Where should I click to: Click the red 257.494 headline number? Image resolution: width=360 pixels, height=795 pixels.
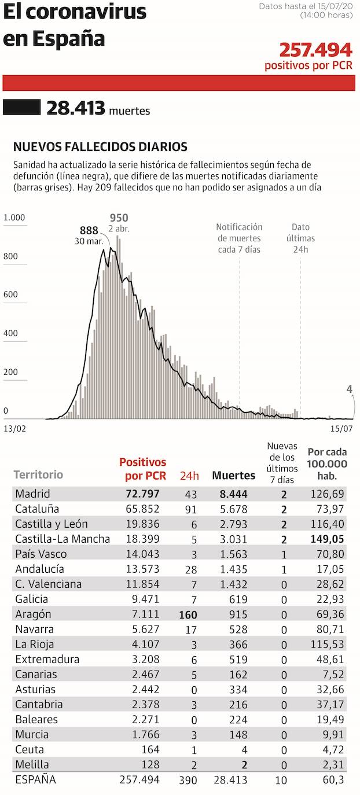coord(315,50)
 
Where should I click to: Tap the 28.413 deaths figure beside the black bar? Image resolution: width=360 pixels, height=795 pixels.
coord(76,108)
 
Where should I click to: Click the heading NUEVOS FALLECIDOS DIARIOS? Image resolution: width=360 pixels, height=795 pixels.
coord(100,147)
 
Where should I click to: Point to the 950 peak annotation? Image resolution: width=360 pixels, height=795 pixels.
coord(119,218)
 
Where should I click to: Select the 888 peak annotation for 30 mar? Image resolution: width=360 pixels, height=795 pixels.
coord(89,230)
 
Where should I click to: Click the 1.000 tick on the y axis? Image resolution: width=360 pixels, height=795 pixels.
coord(14,218)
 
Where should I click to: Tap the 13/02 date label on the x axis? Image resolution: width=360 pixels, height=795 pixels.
coord(15,429)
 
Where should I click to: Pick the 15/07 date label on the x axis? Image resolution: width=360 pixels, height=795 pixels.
coord(341,429)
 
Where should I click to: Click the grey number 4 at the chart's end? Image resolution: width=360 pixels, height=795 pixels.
coord(350,389)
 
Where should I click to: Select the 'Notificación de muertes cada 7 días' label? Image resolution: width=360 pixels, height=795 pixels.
coord(239,238)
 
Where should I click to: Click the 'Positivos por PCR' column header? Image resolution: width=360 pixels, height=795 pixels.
coord(142,469)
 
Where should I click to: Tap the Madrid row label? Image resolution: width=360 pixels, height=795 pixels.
coord(32,494)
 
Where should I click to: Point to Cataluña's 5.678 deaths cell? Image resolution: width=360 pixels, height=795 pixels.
coord(233,509)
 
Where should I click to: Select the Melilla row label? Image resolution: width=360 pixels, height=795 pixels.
coord(32,764)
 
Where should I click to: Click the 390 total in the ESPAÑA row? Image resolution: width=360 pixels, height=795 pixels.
coord(189,781)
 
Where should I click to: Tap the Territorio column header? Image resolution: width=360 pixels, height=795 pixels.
coord(38,475)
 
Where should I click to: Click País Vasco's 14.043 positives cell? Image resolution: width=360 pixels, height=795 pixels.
coord(142,554)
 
